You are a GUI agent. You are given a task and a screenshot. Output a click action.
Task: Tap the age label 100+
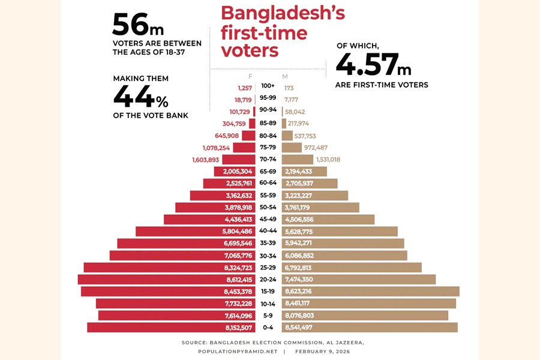pyautogui.click(x=268, y=88)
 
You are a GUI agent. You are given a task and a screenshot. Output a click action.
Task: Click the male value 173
pyautogui.click(x=289, y=88)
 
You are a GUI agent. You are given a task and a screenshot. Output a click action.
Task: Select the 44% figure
pyautogui.click(x=141, y=96)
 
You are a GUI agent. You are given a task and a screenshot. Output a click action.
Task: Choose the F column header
pyautogui.click(x=250, y=76)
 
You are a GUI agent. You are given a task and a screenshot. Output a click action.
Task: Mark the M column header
pyautogui.click(x=284, y=76)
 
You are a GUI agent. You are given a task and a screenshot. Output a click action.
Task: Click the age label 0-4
pyautogui.click(x=268, y=328)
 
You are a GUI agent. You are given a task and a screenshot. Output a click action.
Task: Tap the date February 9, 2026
pyautogui.click(x=322, y=351)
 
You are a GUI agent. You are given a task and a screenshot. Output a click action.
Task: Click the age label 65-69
pyautogui.click(x=268, y=172)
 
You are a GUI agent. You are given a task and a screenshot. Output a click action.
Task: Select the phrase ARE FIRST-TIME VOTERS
pyautogui.click(x=382, y=85)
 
